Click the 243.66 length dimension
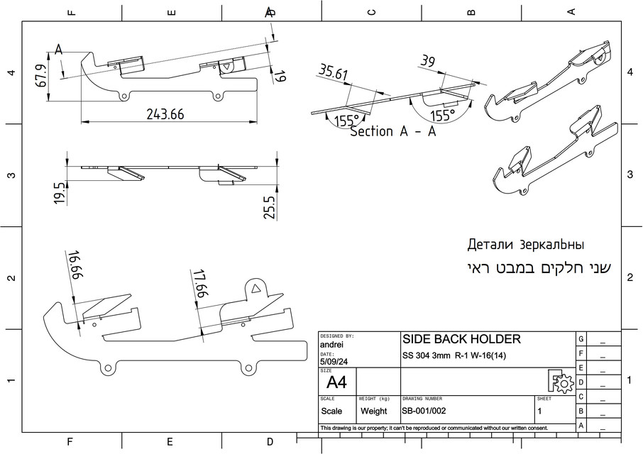coord(165,114)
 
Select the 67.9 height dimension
coord(40,76)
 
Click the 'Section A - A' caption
coord(392,131)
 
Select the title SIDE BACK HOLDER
coord(461,339)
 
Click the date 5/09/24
coord(334,362)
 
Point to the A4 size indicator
coord(336,383)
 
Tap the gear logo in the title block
coord(561,382)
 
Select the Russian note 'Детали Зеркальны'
coord(525,245)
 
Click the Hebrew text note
coord(539,269)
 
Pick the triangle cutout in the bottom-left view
coord(255,287)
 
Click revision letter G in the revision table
coord(581,339)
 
